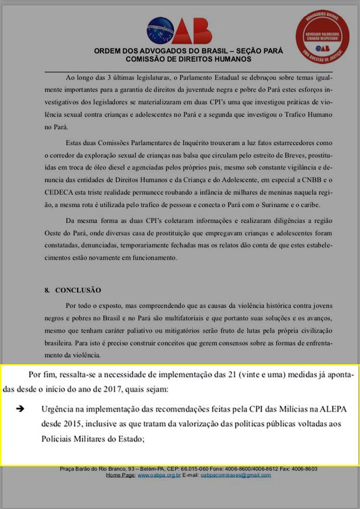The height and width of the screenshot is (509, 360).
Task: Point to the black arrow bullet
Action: click(x=21, y=409)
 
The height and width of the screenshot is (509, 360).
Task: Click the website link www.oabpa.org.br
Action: click(x=159, y=475)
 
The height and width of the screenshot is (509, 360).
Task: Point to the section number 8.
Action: click(x=46, y=290)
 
